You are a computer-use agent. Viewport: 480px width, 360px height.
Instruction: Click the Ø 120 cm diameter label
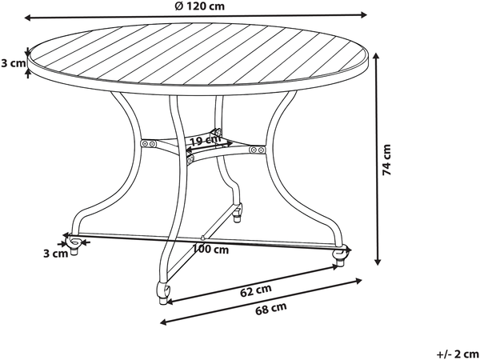199,6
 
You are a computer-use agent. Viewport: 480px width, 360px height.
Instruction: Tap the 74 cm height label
387,159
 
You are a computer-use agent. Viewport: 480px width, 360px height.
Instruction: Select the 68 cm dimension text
271,308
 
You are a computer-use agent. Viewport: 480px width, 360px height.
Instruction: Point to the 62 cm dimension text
256,290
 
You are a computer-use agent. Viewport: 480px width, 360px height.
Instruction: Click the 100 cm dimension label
210,250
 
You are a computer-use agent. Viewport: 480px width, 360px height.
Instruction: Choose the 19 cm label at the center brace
206,141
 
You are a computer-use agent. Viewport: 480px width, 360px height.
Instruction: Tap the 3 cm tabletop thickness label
13,63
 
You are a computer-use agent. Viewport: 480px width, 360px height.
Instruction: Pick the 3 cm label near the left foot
55,254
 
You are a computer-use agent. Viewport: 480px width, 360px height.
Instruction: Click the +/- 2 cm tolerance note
458,354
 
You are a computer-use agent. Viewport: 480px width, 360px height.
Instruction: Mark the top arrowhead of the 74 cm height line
377,55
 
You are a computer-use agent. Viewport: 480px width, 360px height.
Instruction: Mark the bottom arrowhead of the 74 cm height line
378,262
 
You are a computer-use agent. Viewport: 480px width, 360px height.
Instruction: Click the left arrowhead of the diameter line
28,18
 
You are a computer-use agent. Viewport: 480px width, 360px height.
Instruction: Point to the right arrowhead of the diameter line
363,14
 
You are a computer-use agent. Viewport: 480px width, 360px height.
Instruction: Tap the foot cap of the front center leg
163,301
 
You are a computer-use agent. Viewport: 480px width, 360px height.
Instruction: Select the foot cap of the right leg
339,263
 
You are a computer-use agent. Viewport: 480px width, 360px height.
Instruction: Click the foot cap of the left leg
74,251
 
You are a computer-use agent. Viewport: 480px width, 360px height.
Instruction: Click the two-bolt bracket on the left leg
149,143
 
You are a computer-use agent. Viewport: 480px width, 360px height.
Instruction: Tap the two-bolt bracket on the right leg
257,150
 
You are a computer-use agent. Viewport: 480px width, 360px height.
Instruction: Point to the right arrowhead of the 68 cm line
358,280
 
